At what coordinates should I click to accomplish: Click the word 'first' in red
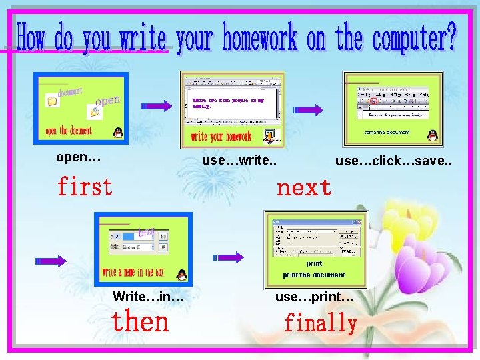click(85, 187)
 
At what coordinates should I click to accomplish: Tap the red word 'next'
click(304, 188)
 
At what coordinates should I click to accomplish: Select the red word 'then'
click(140, 322)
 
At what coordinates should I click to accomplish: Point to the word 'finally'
click(321, 324)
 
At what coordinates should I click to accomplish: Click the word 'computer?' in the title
click(415, 38)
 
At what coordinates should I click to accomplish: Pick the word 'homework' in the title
click(260, 38)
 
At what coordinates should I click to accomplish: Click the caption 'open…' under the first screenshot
click(79, 158)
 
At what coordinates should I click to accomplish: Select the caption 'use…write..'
click(239, 160)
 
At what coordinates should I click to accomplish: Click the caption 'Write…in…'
click(149, 296)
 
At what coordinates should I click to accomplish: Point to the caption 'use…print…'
click(315, 296)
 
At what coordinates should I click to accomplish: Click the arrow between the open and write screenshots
click(159, 105)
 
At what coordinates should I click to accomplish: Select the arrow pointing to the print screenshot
click(229, 258)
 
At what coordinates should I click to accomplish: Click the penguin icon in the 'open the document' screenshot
click(118, 132)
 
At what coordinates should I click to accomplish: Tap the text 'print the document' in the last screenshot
click(314, 275)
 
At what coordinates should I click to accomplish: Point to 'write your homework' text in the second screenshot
click(221, 137)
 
